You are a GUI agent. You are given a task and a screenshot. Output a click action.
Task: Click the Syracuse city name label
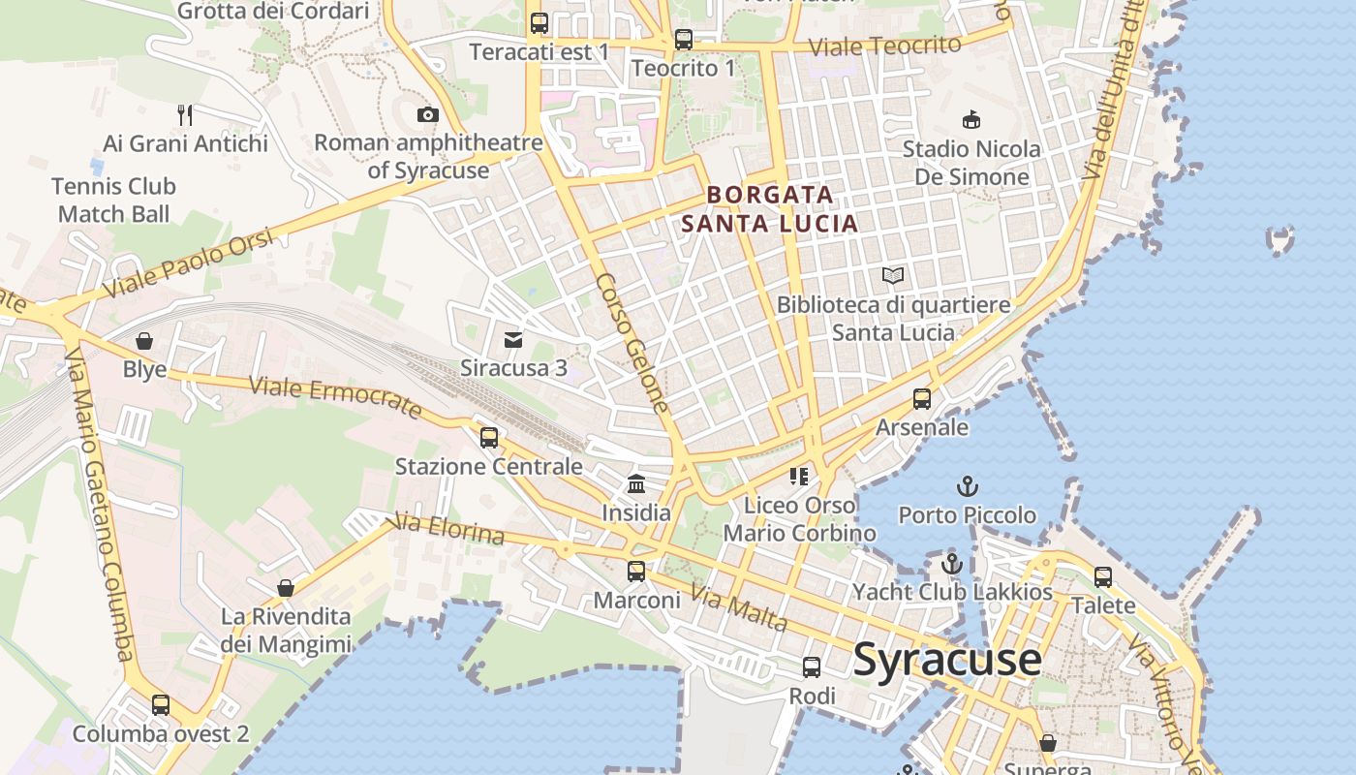pos(946,660)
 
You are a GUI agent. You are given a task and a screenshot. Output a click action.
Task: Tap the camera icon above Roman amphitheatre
pos(427,115)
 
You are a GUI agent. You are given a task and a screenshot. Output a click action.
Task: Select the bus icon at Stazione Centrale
pos(489,438)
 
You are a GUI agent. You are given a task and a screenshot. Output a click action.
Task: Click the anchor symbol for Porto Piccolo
pos(967,486)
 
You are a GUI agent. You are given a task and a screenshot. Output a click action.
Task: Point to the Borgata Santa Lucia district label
pos(769,209)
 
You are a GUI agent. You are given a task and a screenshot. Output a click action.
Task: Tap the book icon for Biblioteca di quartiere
pos(893,276)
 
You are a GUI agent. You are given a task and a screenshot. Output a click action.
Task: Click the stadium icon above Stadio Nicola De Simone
pos(971,120)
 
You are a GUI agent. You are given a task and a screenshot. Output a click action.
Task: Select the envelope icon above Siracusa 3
pos(513,340)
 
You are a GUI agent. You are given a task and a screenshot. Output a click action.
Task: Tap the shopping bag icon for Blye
pos(144,341)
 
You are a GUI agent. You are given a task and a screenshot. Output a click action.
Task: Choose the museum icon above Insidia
pos(636,483)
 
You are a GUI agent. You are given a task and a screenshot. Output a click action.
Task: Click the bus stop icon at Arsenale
pos(922,399)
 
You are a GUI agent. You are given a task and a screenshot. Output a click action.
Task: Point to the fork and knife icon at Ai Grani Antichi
pos(185,115)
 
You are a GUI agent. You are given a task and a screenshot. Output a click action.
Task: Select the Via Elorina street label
pos(446,530)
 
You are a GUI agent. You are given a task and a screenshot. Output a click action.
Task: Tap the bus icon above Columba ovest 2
pos(161,705)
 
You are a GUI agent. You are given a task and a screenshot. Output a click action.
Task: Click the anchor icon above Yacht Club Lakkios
pos(951,563)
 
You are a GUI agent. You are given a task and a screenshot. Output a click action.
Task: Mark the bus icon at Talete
pos(1103,577)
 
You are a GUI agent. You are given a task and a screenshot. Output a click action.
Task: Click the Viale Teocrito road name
pos(884,46)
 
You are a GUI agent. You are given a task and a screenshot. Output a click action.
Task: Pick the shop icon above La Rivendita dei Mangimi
pos(286,588)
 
